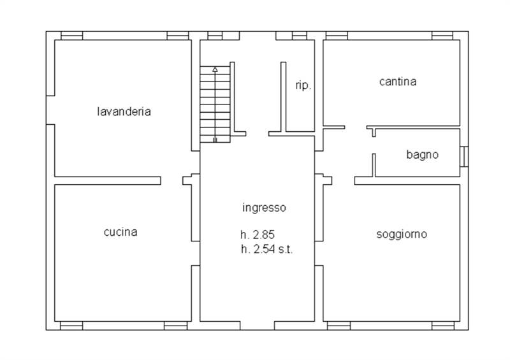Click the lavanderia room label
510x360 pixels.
pos(124,112)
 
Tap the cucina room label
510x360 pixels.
pos(120,232)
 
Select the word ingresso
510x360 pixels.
pos(265,207)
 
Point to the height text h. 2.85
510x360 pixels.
pos(258,234)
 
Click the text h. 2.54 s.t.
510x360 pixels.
pos(266,250)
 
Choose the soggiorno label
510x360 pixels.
pos(402,234)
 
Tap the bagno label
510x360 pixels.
pos(422,154)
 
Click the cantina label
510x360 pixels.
pos(397,82)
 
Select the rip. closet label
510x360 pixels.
pos(303,85)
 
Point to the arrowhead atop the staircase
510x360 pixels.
pos(215,68)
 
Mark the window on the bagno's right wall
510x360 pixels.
pos(465,156)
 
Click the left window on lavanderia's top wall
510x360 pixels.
pos(71,36)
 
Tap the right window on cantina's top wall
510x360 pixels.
pos(442,36)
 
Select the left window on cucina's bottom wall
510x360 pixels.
pos(71,326)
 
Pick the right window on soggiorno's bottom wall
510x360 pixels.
pos(442,326)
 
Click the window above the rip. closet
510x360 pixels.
pos(300,36)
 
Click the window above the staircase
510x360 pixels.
pos(215,36)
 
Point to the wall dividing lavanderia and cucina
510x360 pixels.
pos(107,180)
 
